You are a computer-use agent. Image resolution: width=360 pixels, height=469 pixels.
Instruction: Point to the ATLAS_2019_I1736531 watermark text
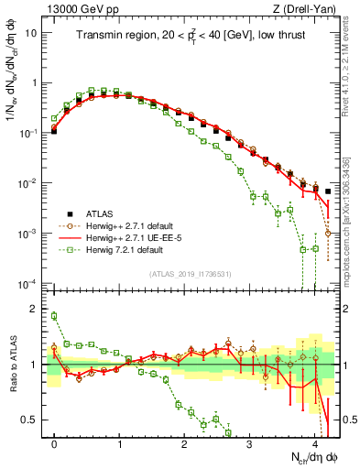[x=191, y=274]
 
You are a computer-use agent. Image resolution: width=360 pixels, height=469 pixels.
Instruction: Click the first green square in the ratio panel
[x=54, y=316]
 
